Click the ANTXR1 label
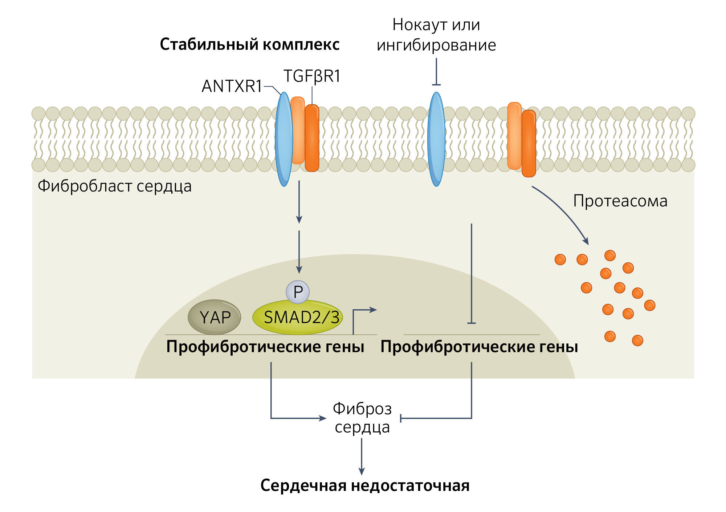(232, 86)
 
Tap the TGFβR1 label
(312, 76)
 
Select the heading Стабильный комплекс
(250, 44)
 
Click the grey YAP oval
(215, 317)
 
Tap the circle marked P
(298, 292)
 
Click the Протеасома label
(620, 201)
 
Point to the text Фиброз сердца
(362, 418)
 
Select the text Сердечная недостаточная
(365, 485)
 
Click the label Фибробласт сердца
(115, 186)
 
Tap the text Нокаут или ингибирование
(436, 35)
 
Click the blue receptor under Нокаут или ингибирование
(436, 139)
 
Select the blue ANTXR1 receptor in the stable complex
(284, 139)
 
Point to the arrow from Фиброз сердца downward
(362, 456)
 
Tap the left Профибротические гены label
(265, 347)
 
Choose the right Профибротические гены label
(479, 347)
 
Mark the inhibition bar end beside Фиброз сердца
(401, 418)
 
